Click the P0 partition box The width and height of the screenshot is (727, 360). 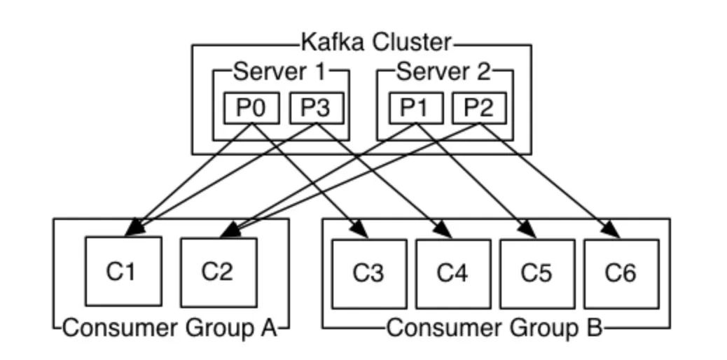251,109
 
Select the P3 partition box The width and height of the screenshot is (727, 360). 316,109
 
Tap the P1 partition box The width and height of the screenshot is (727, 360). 415,109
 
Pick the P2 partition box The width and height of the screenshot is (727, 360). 478,109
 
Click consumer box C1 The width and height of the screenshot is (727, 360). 123,271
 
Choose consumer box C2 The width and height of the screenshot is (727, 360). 218,271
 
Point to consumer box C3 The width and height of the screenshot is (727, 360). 369,273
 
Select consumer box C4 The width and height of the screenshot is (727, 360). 453,273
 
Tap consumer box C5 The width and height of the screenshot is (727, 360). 537,273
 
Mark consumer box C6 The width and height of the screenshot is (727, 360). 621,273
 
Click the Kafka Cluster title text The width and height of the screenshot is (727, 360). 376,43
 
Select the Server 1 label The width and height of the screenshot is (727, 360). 278,71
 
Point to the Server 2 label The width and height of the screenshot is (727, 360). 443,71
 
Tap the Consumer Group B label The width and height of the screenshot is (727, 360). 494,327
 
